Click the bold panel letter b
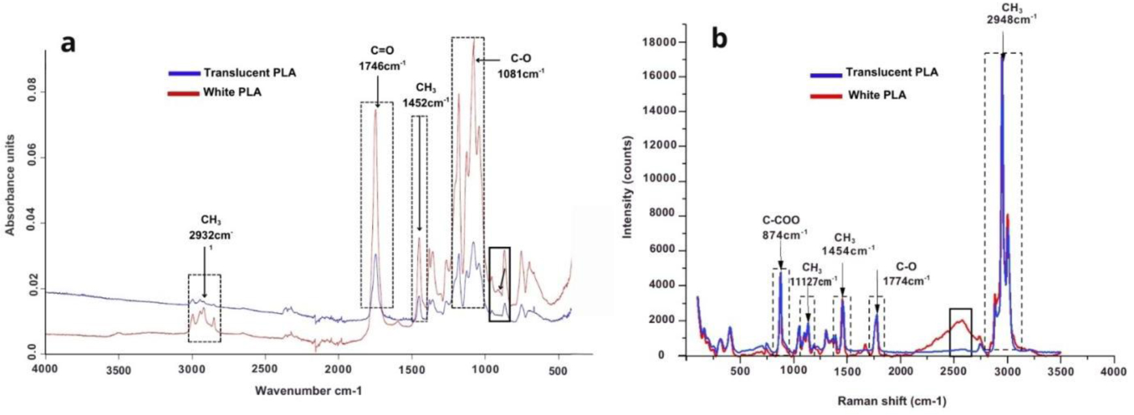[719, 39]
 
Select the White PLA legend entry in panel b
[877, 95]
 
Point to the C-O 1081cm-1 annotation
[520, 66]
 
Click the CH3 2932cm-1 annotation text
[211, 229]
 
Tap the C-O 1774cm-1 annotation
[906, 273]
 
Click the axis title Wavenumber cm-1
[308, 392]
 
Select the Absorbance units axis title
[10, 185]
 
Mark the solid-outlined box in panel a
[499, 284]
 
